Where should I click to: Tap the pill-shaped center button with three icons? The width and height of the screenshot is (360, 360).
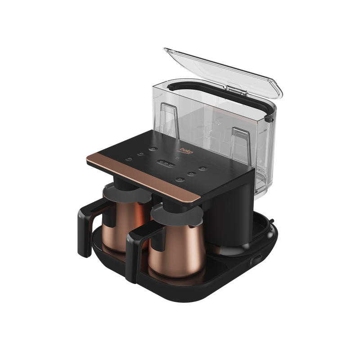coord(166,163)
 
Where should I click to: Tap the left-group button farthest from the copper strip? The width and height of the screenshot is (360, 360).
coord(153,149)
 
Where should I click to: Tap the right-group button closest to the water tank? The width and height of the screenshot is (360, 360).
coord(202,169)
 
